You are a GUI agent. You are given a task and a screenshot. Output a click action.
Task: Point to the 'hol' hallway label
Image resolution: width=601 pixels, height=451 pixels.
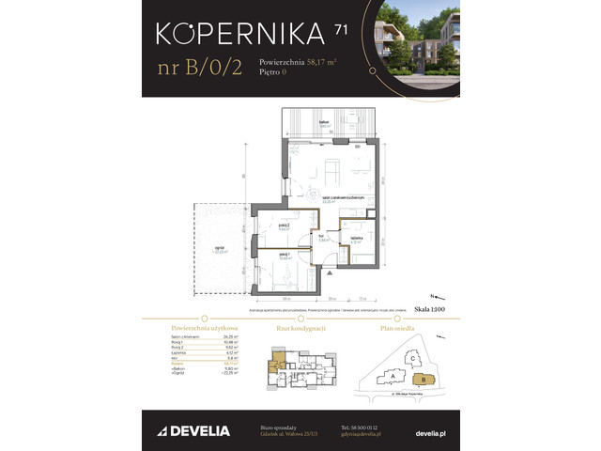point(322,237)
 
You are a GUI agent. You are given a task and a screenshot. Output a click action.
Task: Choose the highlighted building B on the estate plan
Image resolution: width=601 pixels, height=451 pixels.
point(424,379)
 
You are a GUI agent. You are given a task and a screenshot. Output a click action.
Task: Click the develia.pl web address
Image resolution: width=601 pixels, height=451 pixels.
point(430,432)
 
